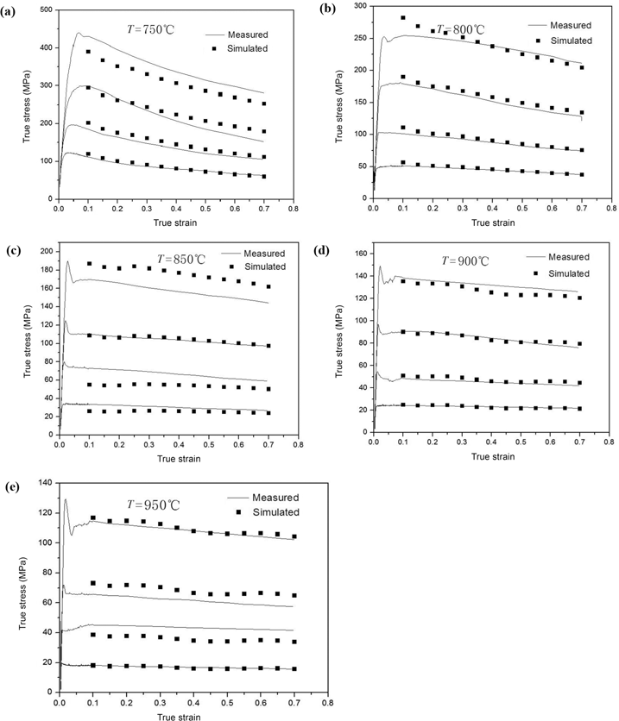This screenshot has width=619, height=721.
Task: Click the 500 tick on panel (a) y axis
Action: pos(43,9)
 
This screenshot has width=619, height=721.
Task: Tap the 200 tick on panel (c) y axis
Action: pos(43,249)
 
